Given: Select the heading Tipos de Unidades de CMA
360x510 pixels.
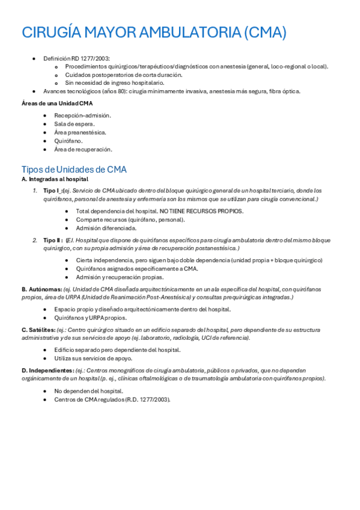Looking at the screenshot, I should click(74, 169).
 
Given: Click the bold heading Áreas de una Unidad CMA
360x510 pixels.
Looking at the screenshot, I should click(57, 103).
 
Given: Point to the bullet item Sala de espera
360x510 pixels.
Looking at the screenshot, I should click(75, 123).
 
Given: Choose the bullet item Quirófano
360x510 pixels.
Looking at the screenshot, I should click(69, 141).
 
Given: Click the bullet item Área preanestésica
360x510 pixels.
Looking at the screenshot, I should click(80, 132).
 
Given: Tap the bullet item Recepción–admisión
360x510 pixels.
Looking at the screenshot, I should click(82, 115).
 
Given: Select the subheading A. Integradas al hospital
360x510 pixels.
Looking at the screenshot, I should click(55, 179).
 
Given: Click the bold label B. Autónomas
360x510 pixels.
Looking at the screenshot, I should click(41, 289).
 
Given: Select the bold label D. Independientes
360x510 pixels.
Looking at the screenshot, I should click(48, 370).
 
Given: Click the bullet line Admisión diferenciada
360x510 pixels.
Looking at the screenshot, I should click(106, 228).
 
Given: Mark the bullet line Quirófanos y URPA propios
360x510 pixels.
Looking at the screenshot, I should click(90, 318).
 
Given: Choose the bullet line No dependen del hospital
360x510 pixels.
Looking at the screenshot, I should click(88, 390).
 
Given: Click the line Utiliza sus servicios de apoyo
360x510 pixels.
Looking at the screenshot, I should click(93, 358).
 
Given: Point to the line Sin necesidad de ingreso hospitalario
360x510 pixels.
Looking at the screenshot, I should click(114, 83).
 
